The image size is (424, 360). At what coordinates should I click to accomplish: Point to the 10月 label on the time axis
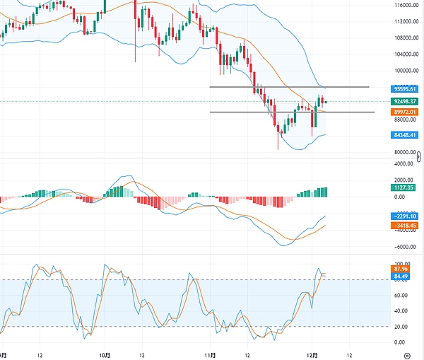104,354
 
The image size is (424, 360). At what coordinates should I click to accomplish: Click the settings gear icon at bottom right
406,354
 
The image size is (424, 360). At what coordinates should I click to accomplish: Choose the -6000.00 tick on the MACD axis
405,247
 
